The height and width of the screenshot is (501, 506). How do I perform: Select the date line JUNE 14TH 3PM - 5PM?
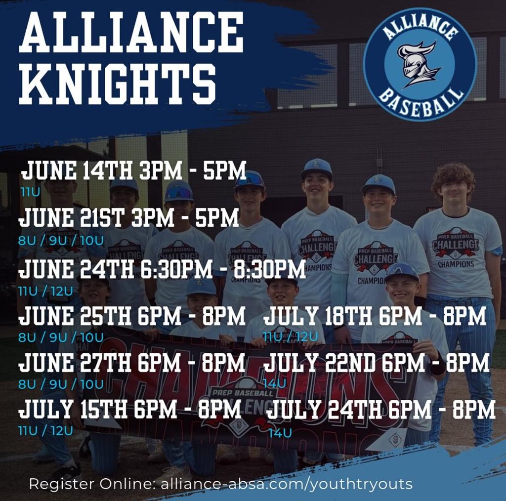click(133, 171)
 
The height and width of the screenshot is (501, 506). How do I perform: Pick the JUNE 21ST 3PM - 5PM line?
click(129, 218)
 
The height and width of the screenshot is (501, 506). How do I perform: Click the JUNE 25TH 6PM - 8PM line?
click(131, 316)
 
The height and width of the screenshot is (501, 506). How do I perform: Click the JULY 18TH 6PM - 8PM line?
click(374, 316)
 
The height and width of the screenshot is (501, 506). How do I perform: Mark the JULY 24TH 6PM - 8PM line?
click(380, 410)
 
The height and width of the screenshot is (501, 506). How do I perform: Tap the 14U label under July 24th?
click(280, 433)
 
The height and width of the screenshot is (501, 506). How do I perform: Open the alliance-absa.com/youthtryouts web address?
click(287, 484)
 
